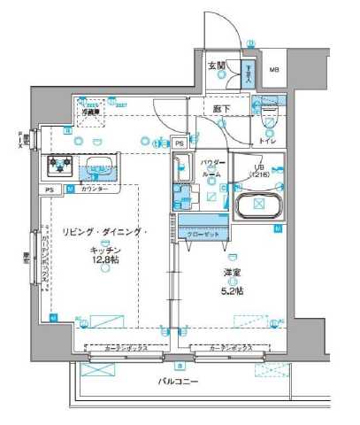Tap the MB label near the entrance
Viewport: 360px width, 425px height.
pos(274,70)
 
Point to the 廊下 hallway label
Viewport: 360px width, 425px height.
pos(222,109)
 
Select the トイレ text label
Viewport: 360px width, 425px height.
pos(267,142)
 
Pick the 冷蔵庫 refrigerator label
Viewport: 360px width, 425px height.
pos(90,112)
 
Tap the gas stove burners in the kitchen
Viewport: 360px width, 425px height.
pos(60,163)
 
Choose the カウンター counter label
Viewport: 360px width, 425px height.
pos(95,189)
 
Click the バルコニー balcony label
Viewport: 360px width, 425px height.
pos(179,382)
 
